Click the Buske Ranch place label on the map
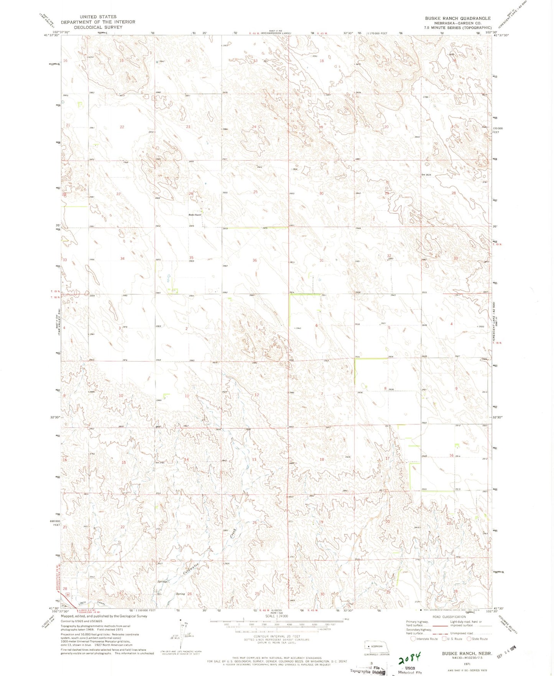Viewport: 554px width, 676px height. click(x=195, y=215)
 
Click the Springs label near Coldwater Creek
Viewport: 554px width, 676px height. click(x=162, y=581)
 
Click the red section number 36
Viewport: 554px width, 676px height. click(x=255, y=260)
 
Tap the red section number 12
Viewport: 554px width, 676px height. click(x=256, y=395)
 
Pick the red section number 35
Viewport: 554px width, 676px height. click(x=191, y=258)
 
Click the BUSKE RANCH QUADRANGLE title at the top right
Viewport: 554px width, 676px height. click(x=457, y=18)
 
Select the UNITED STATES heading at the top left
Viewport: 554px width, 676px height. click(x=98, y=17)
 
